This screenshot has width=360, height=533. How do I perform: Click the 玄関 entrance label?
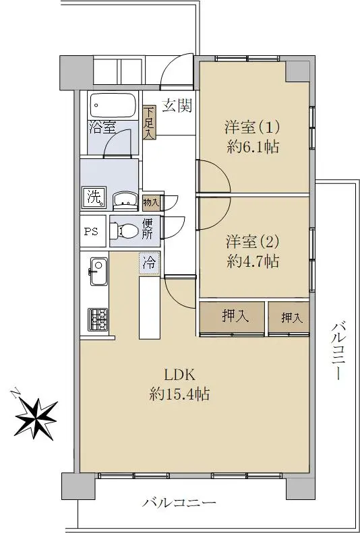(177, 106)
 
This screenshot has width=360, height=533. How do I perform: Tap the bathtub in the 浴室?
(113, 105)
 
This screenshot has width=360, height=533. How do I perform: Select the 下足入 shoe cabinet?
(149, 123)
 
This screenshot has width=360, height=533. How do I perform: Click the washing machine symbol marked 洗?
(94, 197)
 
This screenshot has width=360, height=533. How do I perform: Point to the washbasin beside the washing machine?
(125, 201)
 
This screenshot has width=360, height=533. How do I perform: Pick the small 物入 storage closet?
(151, 203)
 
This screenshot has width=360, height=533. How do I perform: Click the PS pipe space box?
(92, 231)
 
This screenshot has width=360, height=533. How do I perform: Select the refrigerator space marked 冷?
(149, 263)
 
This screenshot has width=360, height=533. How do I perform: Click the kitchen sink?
(98, 272)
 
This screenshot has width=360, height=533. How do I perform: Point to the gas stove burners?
(98, 319)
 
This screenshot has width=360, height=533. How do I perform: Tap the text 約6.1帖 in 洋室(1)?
(253, 147)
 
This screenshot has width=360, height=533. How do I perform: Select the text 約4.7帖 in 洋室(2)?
(253, 261)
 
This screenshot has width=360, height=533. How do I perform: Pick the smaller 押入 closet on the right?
(289, 317)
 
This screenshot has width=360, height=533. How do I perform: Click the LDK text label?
(179, 375)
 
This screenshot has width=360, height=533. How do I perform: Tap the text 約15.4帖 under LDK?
(179, 394)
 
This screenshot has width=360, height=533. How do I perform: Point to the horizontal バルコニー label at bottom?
(179, 502)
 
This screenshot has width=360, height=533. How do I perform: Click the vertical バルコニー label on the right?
(337, 352)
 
